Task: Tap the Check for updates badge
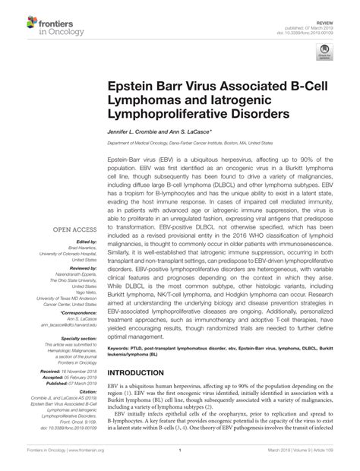click(329, 51)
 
